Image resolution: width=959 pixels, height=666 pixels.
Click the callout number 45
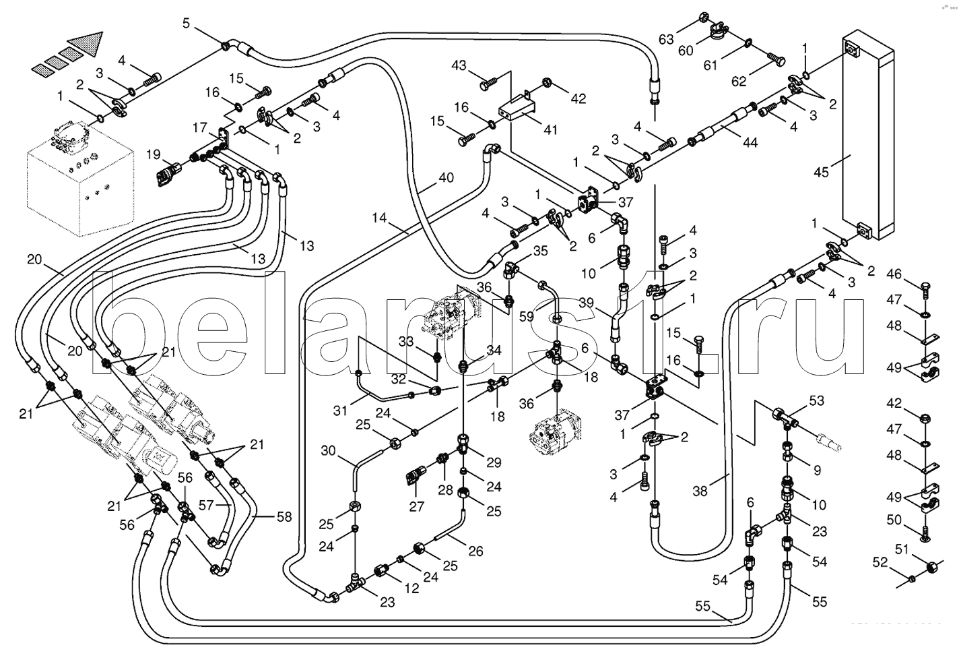(821, 172)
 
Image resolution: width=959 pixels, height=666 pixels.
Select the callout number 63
(666, 40)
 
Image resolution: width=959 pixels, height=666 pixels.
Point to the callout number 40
(446, 179)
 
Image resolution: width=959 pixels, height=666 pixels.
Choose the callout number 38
(700, 491)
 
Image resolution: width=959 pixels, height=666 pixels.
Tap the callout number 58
(284, 517)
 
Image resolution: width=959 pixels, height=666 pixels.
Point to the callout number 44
(750, 143)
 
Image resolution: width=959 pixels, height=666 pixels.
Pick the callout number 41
(551, 130)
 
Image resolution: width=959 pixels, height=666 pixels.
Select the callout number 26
(475, 551)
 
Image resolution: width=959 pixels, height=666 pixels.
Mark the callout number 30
(327, 451)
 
